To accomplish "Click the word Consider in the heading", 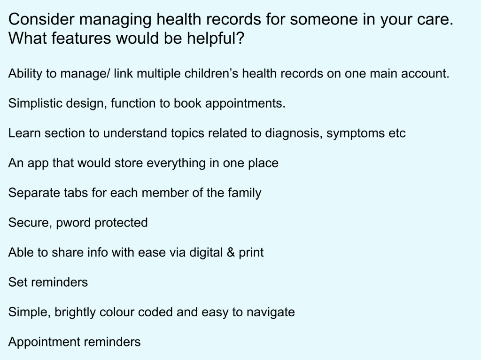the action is pyautogui.click(x=41, y=19).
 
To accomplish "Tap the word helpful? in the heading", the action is pyautogui.click(x=216, y=39).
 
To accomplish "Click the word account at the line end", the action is pyautogui.click(x=425, y=74).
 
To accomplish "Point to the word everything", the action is pyautogui.click(x=176, y=163).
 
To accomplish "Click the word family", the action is pyautogui.click(x=244, y=193).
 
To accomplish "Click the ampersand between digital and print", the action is pyautogui.click(x=231, y=252).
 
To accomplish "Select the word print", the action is pyautogui.click(x=251, y=253).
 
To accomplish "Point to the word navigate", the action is pyautogui.click(x=271, y=313).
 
